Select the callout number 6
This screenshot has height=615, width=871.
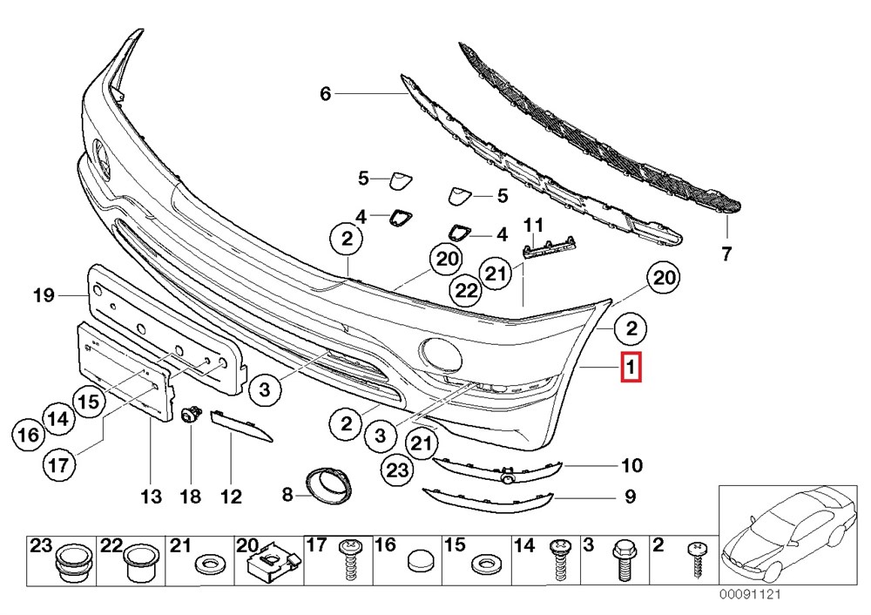[326, 93]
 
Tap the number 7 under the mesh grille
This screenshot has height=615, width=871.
[726, 254]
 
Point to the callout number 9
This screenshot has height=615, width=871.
[629, 498]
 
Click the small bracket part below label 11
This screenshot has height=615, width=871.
[550, 249]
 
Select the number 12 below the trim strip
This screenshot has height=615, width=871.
[230, 497]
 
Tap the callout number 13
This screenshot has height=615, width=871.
[151, 497]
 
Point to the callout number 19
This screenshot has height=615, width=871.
[44, 296]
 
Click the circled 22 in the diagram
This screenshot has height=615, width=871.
[469, 289]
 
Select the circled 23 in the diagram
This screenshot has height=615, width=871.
[397, 470]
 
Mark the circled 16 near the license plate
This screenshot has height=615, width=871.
[29, 433]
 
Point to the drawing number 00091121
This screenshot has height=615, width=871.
[753, 595]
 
